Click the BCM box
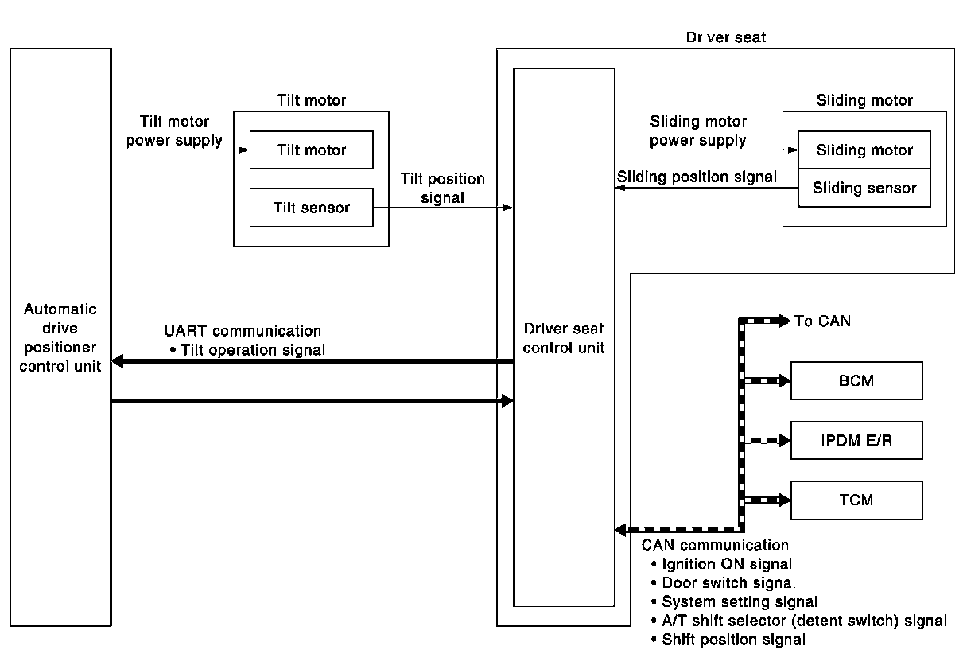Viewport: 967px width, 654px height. click(x=856, y=380)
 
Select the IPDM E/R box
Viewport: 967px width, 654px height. click(x=856, y=440)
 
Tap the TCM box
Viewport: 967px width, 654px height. click(x=856, y=500)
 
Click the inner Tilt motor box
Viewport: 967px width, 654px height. click(x=311, y=150)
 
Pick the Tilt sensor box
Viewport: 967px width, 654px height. click(x=311, y=208)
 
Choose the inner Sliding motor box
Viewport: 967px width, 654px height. click(x=864, y=150)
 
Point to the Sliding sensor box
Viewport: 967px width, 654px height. click(x=864, y=188)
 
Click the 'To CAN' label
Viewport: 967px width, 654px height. click(x=822, y=321)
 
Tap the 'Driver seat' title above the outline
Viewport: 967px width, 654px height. click(x=725, y=37)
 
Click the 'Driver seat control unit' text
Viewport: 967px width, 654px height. click(x=564, y=338)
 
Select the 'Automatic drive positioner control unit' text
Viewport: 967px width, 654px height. click(x=60, y=338)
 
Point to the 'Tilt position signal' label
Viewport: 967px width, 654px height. click(x=442, y=189)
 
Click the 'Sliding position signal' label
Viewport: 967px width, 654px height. click(x=697, y=177)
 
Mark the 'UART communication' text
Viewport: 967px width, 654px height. click(x=243, y=331)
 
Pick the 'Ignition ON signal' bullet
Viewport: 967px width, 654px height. click(x=727, y=564)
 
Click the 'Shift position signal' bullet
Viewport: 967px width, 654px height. click(x=733, y=640)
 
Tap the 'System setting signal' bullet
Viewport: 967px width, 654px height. click(x=740, y=602)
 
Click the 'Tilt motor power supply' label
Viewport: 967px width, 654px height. click(x=174, y=131)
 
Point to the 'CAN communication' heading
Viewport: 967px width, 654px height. click(x=715, y=545)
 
